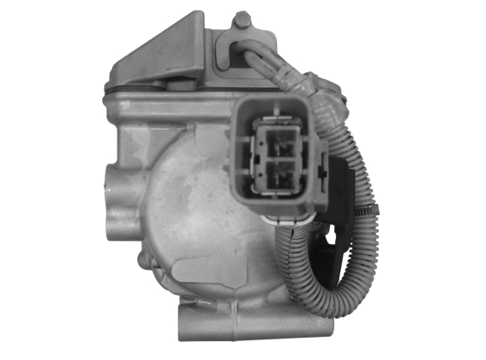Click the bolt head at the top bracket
click(x=243, y=19)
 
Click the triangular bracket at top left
click(x=163, y=51)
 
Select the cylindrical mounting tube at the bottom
click(x=249, y=330)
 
